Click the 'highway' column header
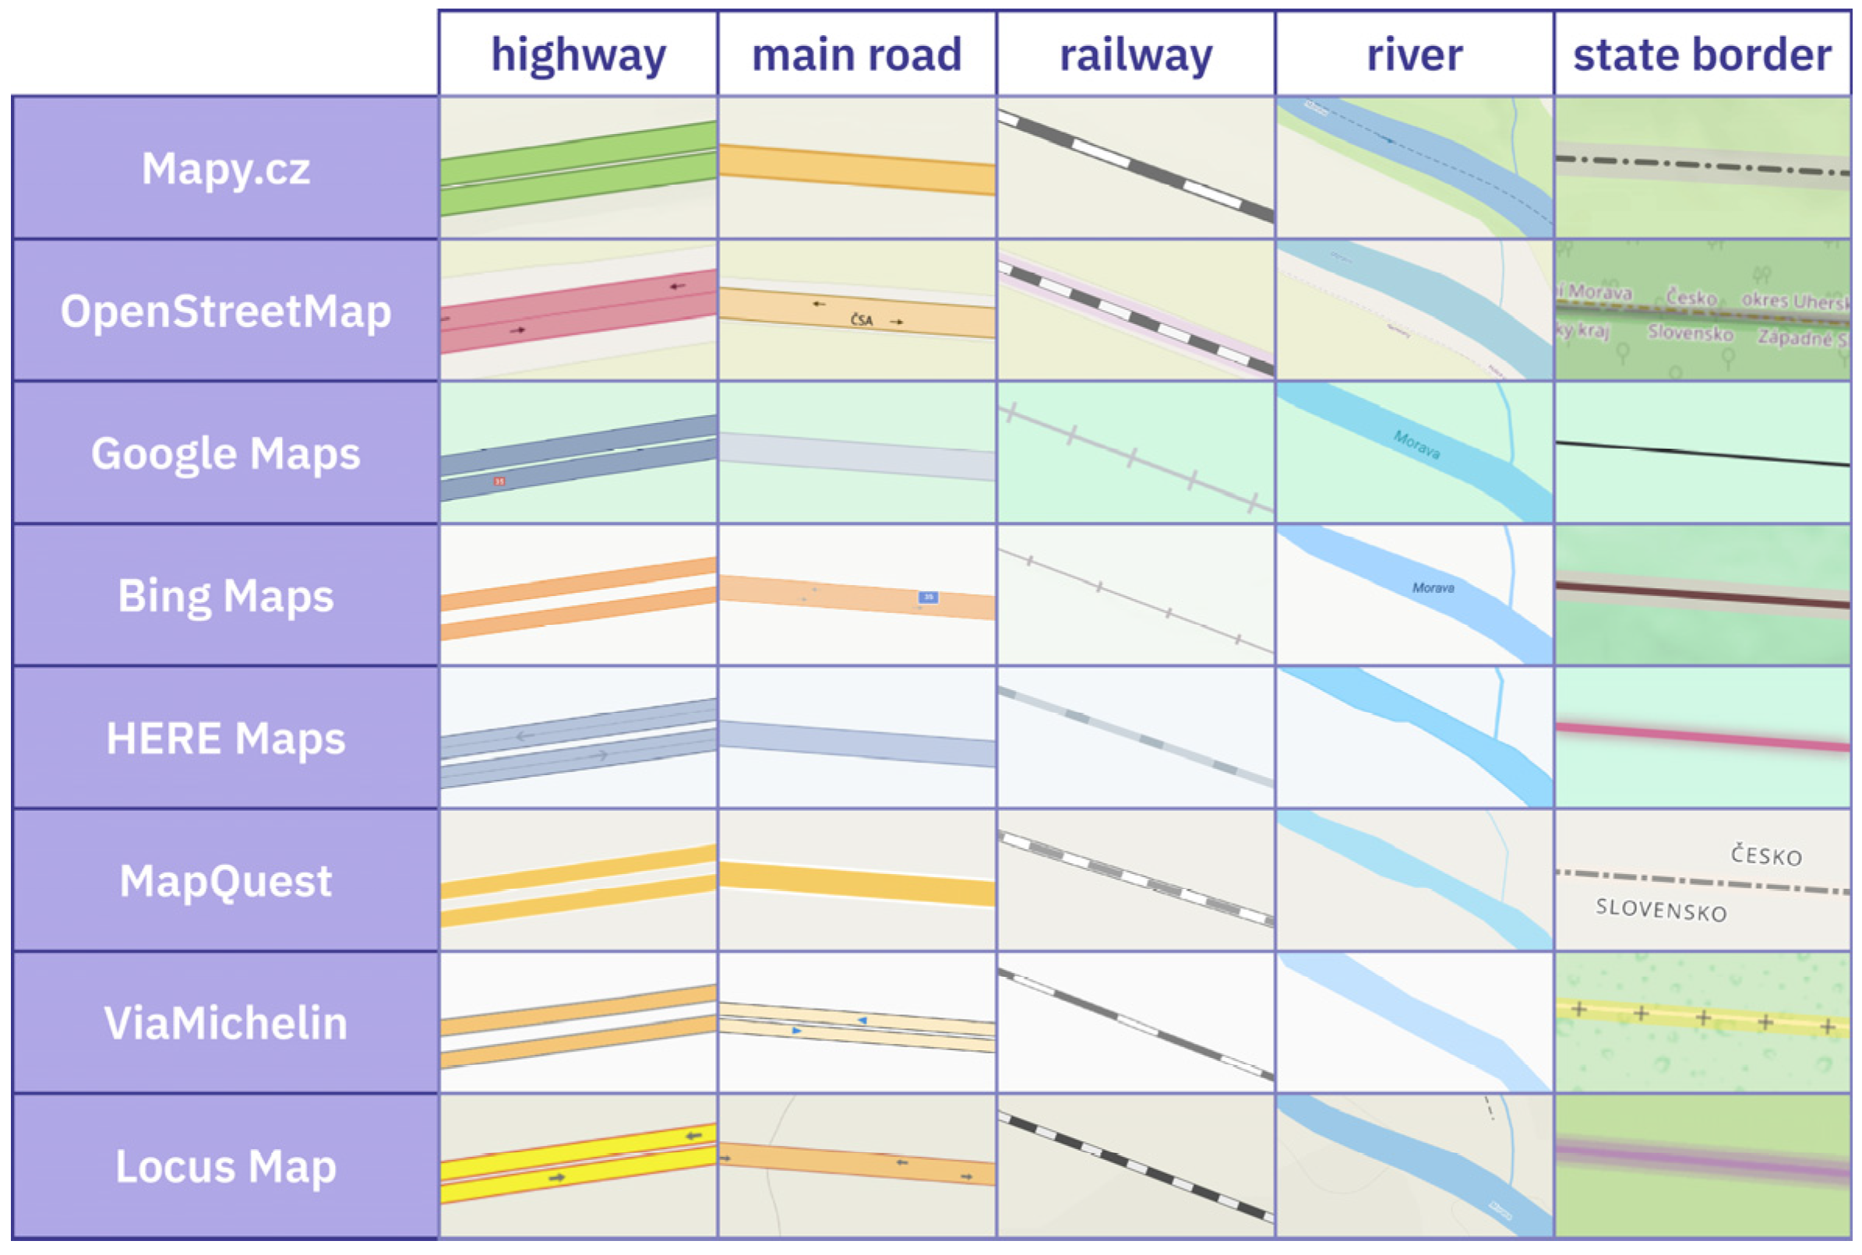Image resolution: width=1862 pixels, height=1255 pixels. [577, 55]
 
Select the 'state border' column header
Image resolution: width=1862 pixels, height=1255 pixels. [1701, 55]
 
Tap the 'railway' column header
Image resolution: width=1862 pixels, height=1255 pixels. [1135, 55]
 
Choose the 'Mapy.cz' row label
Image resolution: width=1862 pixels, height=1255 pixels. [225, 169]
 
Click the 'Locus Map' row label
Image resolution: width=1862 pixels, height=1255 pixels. [225, 1166]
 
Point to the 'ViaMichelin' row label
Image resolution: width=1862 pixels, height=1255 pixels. [225, 1023]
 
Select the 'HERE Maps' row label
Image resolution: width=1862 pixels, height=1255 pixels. [225, 738]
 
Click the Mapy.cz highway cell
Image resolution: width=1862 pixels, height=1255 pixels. [577, 168]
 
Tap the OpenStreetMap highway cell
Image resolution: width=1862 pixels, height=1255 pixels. [577, 311]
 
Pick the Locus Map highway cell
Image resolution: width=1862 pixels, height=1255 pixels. [577, 1166]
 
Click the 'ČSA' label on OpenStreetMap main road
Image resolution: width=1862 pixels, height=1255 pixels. [862, 320]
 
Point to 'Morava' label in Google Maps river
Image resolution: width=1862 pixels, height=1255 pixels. [1416, 445]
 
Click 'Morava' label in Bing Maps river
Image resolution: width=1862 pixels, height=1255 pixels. [1432, 588]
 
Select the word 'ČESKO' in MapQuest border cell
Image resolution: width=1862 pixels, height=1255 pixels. [1765, 855]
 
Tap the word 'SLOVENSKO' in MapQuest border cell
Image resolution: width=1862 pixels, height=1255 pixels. [1660, 910]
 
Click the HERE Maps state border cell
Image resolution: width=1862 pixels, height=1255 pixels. [1701, 738]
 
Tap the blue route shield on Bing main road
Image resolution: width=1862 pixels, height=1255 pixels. [927, 597]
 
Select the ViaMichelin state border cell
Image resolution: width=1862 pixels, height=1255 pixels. [1701, 1023]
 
